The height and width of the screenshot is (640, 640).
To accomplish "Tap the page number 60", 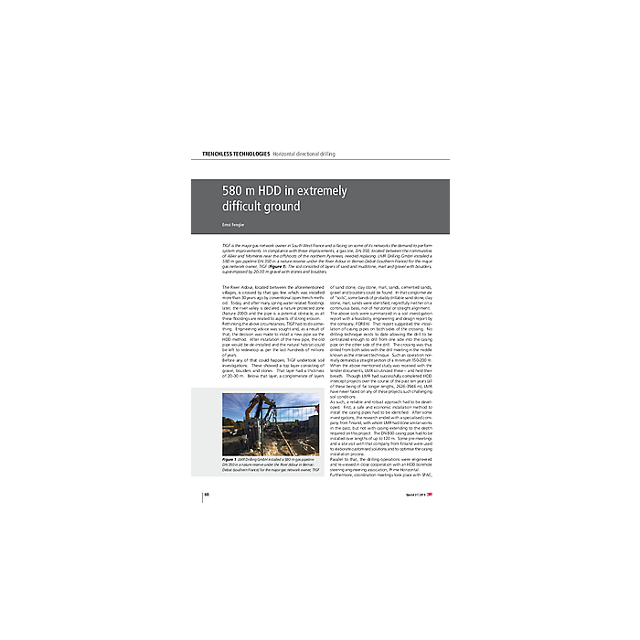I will pyautogui.click(x=208, y=495).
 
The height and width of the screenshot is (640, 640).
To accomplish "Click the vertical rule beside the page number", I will pyautogui.click(x=201, y=495).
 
